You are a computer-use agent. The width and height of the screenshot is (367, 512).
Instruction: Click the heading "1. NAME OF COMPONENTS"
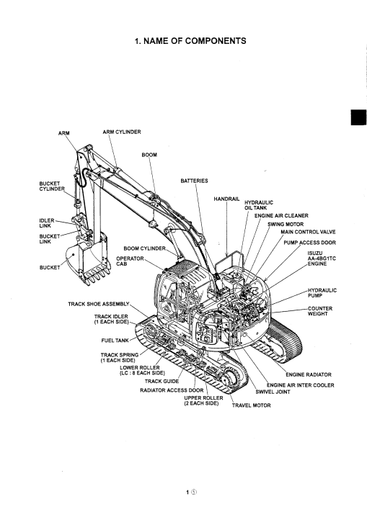tap(190, 41)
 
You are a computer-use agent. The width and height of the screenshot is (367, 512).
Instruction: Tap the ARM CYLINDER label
tap(122, 132)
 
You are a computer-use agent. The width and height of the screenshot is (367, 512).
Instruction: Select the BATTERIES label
tap(194, 181)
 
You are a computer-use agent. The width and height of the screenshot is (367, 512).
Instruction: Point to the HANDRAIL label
tap(226, 199)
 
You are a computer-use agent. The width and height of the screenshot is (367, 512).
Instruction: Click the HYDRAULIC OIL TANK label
tap(259, 205)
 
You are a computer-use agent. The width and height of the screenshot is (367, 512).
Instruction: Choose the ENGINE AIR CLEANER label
tap(281, 215)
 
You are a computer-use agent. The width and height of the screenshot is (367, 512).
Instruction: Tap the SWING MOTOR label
tap(286, 225)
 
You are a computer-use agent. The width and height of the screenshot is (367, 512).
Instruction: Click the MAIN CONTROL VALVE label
tap(308, 232)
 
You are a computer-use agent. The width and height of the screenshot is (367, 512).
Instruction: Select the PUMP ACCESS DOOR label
tap(309, 243)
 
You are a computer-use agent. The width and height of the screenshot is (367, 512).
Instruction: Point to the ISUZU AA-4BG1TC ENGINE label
tap(322, 259)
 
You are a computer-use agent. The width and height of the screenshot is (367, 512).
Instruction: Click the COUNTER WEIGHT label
tap(320, 311)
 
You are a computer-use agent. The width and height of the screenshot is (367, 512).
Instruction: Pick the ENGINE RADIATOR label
tap(309, 374)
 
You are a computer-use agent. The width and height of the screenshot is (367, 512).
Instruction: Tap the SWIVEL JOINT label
tap(273, 392)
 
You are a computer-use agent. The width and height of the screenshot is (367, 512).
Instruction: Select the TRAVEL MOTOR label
tap(252, 405)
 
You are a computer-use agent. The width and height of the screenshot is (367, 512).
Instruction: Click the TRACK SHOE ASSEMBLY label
tap(99, 304)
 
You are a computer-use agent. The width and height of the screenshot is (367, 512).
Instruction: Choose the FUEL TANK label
tap(115, 341)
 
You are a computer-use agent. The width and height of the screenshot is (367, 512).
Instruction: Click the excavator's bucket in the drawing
tap(87, 258)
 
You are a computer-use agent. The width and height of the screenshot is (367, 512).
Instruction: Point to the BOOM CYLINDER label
tap(144, 248)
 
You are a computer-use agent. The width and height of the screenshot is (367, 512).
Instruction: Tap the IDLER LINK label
tap(47, 223)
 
